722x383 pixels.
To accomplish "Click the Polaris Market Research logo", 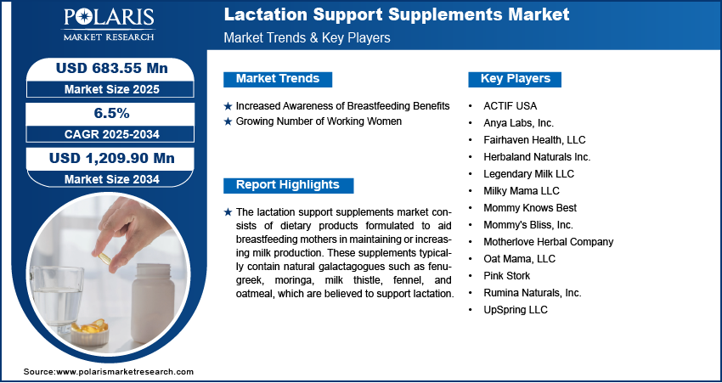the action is pos(109,24).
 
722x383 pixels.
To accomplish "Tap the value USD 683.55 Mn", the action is pos(112,68).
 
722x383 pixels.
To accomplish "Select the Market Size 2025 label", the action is pos(112,89).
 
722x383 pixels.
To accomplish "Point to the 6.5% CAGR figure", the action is pos(112,113).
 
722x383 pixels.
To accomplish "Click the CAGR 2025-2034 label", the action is pos(112,134).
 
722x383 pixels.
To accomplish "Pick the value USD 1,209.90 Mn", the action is pos(112,158).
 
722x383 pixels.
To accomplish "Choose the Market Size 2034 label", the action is pos(112,178).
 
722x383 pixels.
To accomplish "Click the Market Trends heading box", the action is pos(278,79).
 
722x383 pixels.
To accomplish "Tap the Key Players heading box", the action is pos(515,79).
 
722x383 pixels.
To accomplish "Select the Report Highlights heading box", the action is pos(288,185).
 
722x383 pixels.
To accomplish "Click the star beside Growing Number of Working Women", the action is pos(228,122).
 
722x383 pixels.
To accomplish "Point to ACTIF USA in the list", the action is pos(510,106).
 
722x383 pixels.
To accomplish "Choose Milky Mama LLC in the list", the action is pos(522,190).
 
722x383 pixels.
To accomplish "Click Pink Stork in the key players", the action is pos(506,276).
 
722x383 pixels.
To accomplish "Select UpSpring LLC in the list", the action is pos(516,310).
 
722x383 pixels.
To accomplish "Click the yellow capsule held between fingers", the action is pos(104,258).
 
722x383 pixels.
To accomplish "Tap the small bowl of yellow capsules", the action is pos(89,332).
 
